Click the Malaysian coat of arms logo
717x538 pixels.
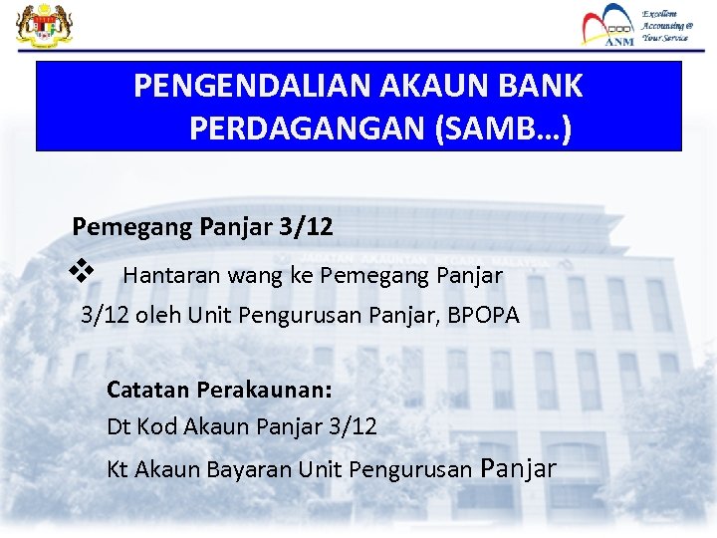pyautogui.click(x=38, y=26)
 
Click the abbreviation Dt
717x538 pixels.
pyautogui.click(x=119, y=426)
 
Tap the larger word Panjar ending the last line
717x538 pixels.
pyautogui.click(x=518, y=467)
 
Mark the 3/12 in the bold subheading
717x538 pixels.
pyautogui.click(x=307, y=226)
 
